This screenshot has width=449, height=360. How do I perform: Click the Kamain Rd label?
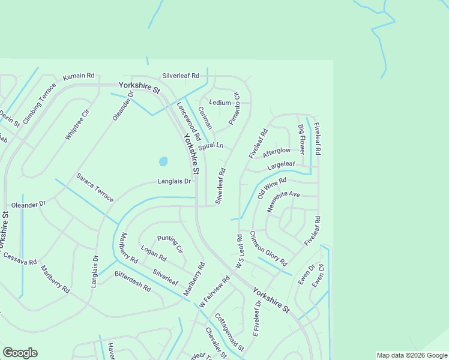pyautogui.click(x=79, y=76)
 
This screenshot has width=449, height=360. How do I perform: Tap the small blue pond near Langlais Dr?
pyautogui.click(x=163, y=161)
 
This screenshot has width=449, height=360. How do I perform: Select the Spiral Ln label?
pyautogui.click(x=211, y=146)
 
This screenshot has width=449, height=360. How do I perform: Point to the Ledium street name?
pyautogui.click(x=220, y=103)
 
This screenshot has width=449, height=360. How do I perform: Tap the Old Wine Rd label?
pyautogui.click(x=272, y=188)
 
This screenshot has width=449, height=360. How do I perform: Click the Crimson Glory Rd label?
pyautogui.click(x=268, y=248)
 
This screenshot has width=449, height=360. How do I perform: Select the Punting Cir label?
pyautogui.click(x=170, y=244)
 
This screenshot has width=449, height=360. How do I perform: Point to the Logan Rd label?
pyautogui.click(x=153, y=254)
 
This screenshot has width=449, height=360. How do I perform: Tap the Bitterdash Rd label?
pyautogui.click(x=133, y=281)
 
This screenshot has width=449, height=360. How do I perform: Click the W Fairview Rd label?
pyautogui.click(x=214, y=292)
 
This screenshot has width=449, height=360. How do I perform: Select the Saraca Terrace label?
pyautogui.click(x=95, y=188)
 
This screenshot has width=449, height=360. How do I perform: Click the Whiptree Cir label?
pyautogui.click(x=77, y=125)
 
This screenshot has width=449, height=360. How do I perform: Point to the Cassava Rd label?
pyautogui.click(x=20, y=259)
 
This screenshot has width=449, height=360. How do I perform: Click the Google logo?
pyautogui.click(x=20, y=353)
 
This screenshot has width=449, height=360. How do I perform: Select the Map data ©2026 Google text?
pyautogui.click(x=411, y=355)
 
